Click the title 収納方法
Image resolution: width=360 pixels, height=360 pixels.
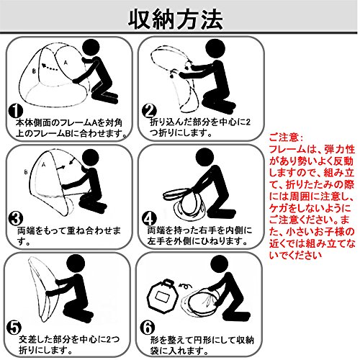176,19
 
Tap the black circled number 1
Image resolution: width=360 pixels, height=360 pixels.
15,111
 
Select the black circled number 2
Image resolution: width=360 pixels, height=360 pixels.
149,112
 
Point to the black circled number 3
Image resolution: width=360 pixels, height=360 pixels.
15,219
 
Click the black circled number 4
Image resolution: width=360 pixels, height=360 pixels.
149,219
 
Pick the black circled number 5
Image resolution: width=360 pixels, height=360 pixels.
14,327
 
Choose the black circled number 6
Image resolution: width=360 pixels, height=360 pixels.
148,328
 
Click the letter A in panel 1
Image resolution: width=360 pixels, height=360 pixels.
66,63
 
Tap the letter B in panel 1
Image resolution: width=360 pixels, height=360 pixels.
34,71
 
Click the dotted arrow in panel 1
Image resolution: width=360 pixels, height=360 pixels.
50,67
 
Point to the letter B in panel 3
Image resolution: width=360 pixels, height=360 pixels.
26,172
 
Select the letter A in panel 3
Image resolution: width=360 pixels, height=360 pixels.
43,165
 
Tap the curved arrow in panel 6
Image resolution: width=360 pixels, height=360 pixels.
185,285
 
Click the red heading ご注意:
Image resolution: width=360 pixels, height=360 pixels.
286,138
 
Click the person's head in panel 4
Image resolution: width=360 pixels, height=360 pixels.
204,157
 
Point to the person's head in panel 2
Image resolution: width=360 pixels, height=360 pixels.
215,48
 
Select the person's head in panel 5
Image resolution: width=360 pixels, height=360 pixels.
76,264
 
